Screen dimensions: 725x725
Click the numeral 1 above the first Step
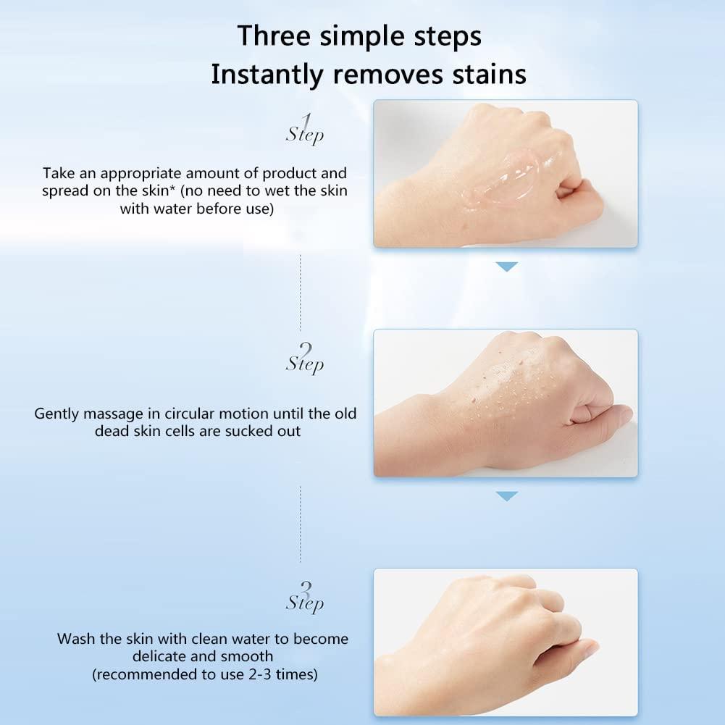click(x=306, y=120)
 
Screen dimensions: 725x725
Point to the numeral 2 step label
click(x=306, y=348)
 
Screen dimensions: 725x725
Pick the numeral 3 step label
click(x=306, y=588)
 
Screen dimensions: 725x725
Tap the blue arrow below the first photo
click(x=506, y=267)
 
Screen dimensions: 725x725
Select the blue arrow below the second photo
click(x=506, y=496)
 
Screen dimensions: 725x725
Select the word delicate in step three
click(x=159, y=657)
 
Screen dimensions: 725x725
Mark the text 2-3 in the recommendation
click(x=253, y=674)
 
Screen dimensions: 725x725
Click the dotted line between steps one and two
click(x=300, y=290)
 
